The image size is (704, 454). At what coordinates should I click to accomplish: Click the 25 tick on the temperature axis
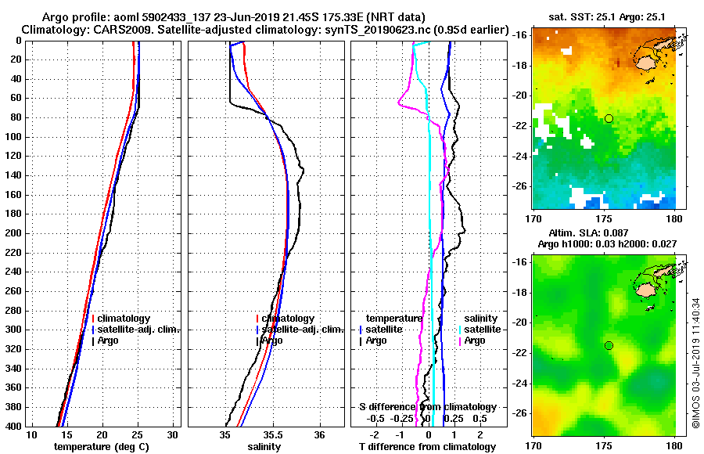click(138, 435)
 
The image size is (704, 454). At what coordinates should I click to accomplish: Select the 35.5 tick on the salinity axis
click(272, 435)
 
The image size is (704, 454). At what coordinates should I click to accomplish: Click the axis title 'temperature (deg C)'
click(101, 447)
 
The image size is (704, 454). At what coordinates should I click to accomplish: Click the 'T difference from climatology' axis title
click(428, 447)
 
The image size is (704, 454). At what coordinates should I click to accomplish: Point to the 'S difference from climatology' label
click(428, 407)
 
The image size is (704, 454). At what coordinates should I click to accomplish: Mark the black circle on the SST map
click(609, 118)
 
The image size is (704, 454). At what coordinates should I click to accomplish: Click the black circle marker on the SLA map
click(609, 346)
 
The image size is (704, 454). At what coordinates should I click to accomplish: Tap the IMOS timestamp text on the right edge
click(695, 362)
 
